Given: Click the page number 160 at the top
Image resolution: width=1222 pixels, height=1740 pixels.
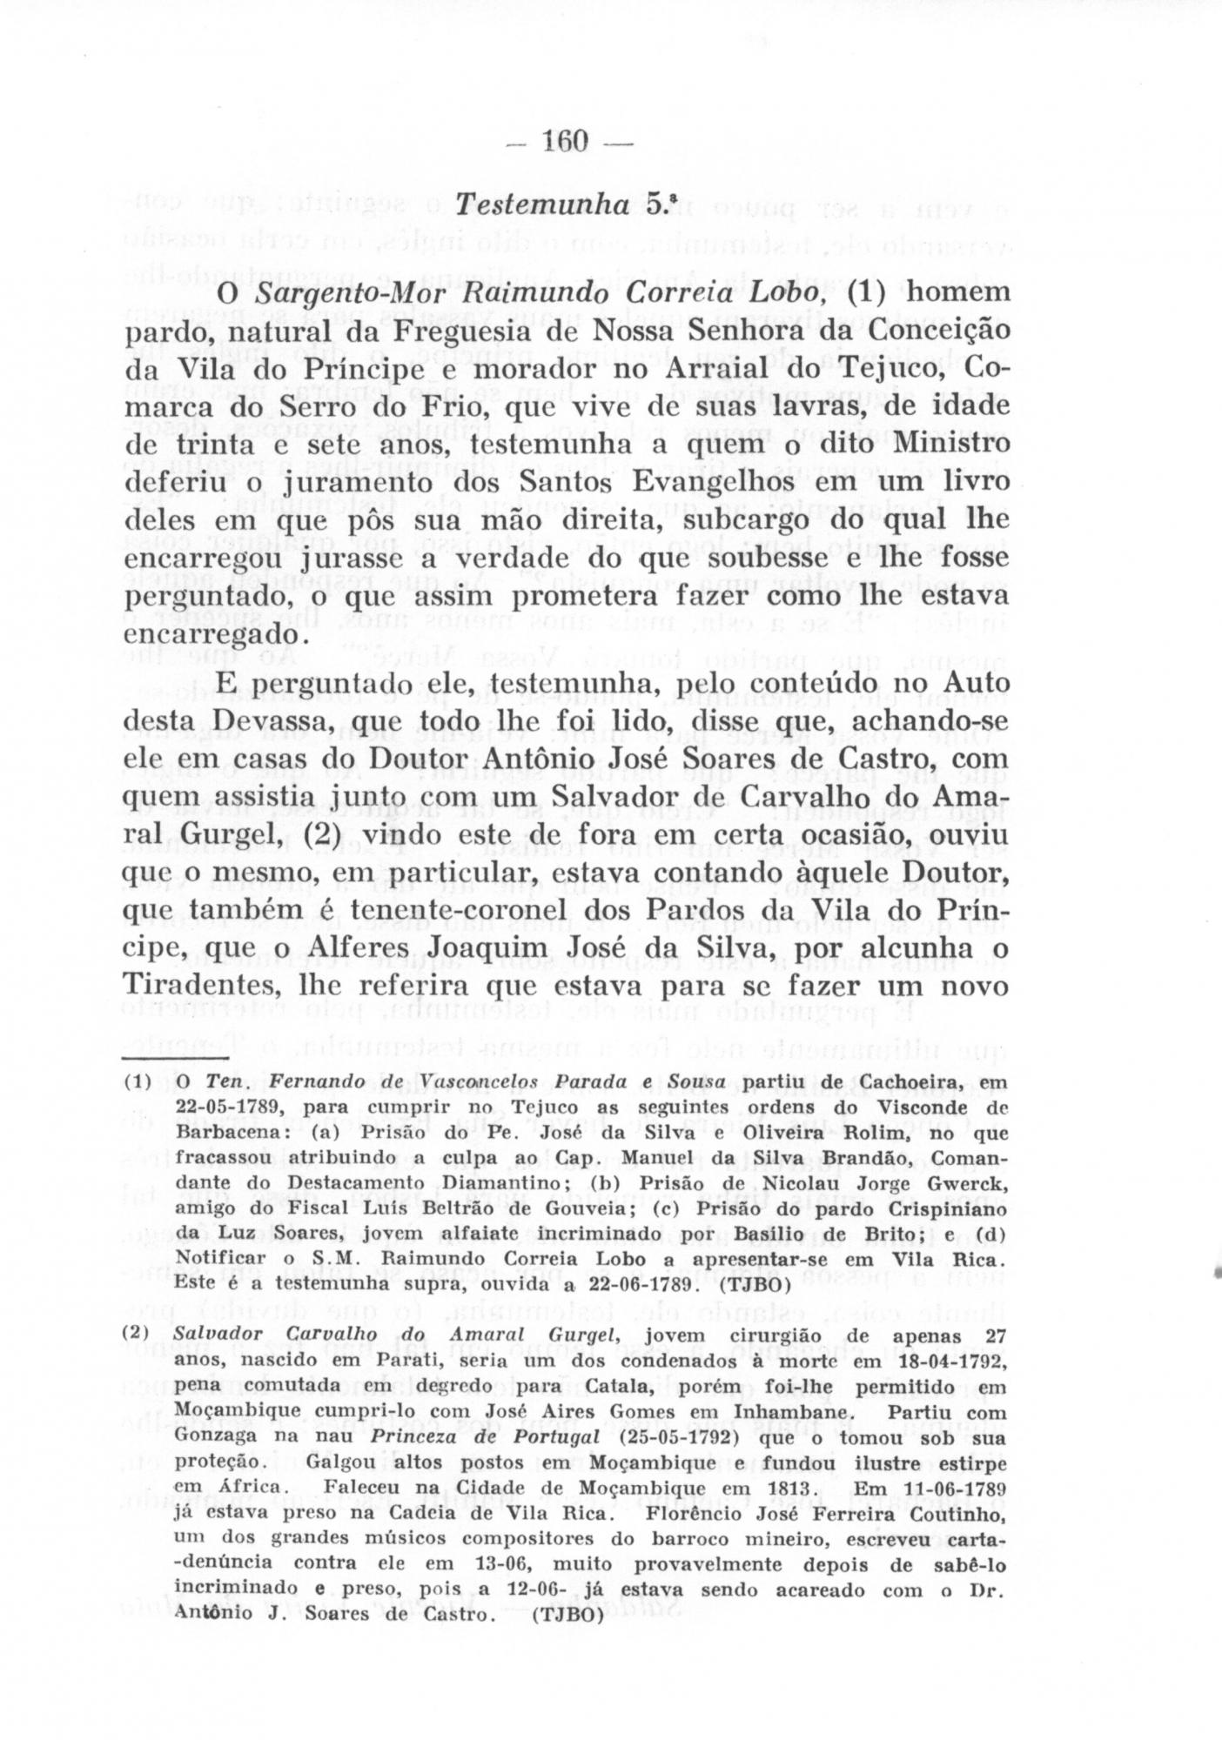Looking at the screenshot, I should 565,141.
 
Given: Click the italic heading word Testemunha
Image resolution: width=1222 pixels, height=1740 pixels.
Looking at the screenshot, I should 542,205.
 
